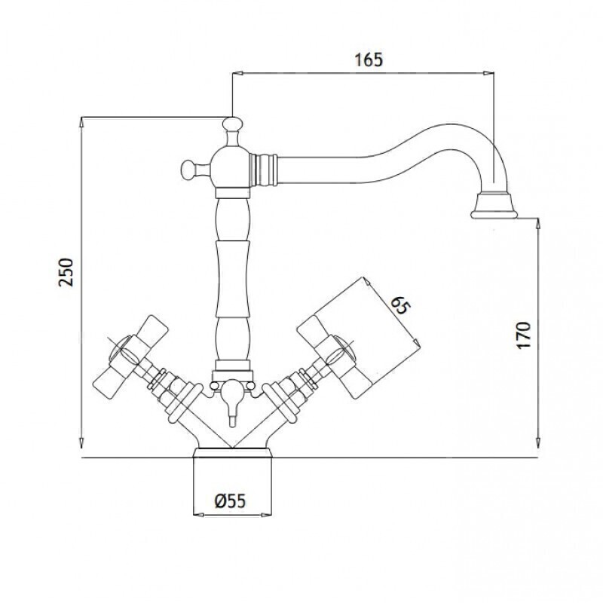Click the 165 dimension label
(369, 60)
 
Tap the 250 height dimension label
(66, 272)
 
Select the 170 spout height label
(523, 335)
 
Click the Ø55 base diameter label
(230, 501)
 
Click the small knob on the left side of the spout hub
(188, 169)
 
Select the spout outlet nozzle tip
(494, 206)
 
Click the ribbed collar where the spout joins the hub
(265, 169)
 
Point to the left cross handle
(130, 356)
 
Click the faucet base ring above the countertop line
(232, 453)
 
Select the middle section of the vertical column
(231, 279)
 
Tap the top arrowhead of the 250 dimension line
(81, 122)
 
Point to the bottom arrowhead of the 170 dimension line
(538, 443)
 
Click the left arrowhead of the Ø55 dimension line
(197, 515)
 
